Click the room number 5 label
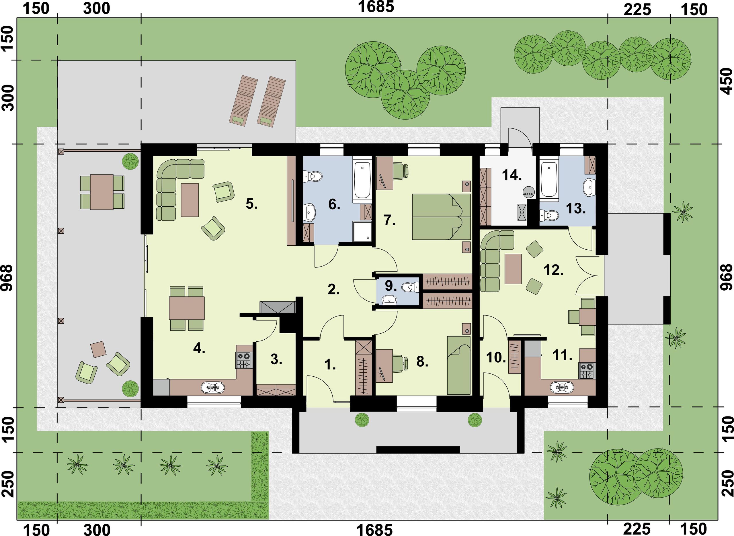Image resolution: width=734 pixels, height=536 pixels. (x=251, y=204)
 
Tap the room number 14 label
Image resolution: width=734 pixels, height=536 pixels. (x=512, y=175)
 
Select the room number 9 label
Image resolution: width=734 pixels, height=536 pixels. (x=391, y=285)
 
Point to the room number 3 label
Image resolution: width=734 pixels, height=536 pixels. (x=276, y=359)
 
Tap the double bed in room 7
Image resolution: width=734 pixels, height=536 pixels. (x=441, y=217)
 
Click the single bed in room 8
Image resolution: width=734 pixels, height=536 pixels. (x=459, y=365)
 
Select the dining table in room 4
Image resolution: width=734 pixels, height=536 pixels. (x=187, y=308)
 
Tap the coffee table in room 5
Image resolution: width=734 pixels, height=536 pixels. (x=190, y=200)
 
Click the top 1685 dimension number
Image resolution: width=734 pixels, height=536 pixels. (x=376, y=7)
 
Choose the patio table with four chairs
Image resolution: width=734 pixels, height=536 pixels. (x=102, y=192)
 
